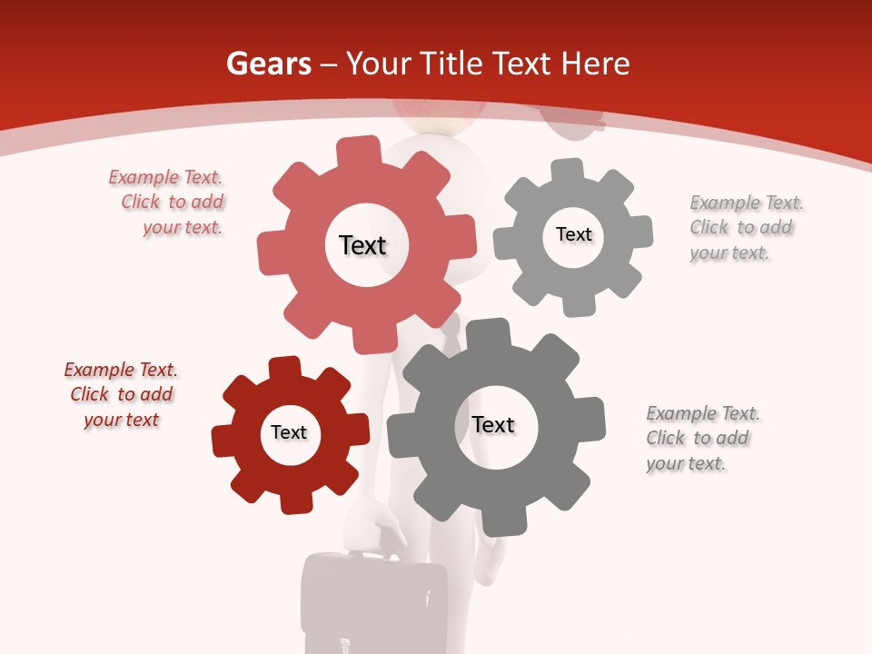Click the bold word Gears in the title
click(x=268, y=64)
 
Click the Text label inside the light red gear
click(x=362, y=245)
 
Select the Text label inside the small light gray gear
click(x=573, y=234)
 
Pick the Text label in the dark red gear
click(x=289, y=432)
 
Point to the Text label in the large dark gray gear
click(x=493, y=424)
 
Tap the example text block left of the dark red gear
click(x=121, y=394)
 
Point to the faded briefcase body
click(x=374, y=609)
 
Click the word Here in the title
click(x=595, y=64)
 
